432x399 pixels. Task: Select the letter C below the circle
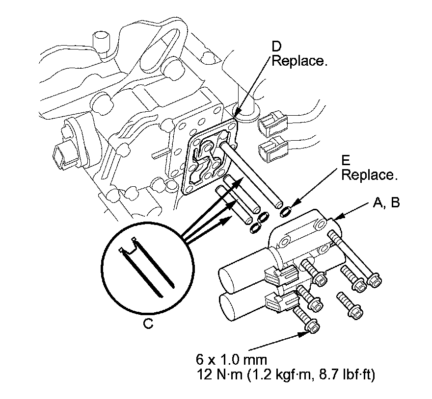149,324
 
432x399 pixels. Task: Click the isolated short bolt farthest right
349,304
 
